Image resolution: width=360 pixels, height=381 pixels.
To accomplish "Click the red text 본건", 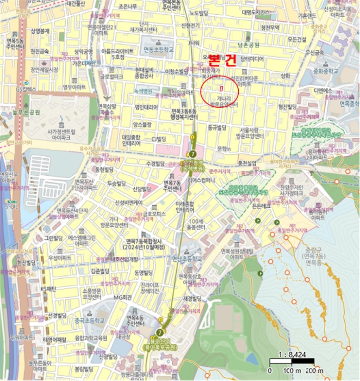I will click(x=222, y=60).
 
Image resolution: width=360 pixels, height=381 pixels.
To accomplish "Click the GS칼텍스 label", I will click(x=26, y=89).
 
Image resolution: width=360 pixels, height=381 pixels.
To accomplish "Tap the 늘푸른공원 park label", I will click(x=27, y=113).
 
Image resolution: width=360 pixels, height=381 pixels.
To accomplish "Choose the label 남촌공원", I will click(x=249, y=45).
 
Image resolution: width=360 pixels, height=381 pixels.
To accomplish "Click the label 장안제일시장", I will click(x=44, y=70).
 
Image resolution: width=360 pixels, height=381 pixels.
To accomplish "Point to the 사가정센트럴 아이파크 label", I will click(x=58, y=134).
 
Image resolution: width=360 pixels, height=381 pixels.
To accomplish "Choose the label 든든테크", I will click(x=262, y=206).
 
